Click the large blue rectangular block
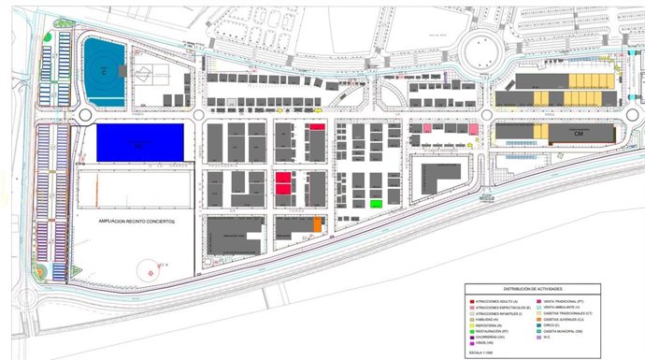click(139, 143)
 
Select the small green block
click(376, 203)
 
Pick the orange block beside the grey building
click(318, 224)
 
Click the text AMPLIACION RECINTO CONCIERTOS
click(136, 222)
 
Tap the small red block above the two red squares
click(317, 127)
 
